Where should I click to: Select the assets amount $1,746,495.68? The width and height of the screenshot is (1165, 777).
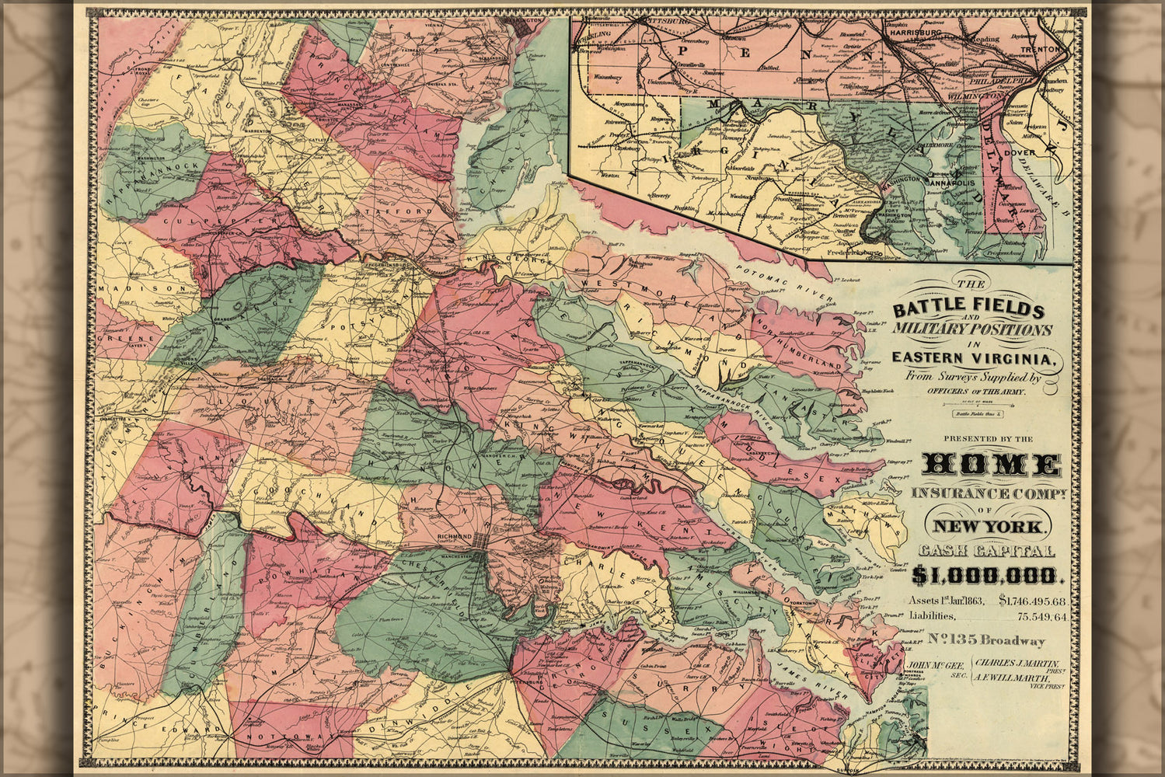[x=1032, y=601]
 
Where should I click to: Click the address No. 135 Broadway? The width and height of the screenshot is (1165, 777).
[x=987, y=640]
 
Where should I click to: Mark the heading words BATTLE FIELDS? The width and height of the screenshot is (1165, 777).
[x=968, y=308]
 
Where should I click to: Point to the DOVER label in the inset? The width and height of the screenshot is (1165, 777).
[x=1019, y=152]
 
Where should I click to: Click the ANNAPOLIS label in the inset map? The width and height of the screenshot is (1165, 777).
[x=950, y=183]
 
